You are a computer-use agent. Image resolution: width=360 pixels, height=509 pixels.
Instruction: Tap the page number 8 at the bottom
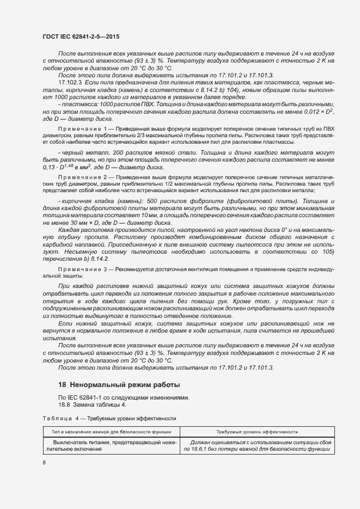pos(44,463)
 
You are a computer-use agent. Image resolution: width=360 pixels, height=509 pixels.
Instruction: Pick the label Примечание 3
pos(83,269)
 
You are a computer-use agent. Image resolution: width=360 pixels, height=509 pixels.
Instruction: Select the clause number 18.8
pos(64,404)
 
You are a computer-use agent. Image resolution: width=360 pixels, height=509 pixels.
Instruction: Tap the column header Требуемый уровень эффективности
pos(257,431)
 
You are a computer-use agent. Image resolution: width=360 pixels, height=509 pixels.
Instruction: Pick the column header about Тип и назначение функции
pos(112,431)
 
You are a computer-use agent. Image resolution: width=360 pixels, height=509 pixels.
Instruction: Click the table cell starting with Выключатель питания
pos(112,446)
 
